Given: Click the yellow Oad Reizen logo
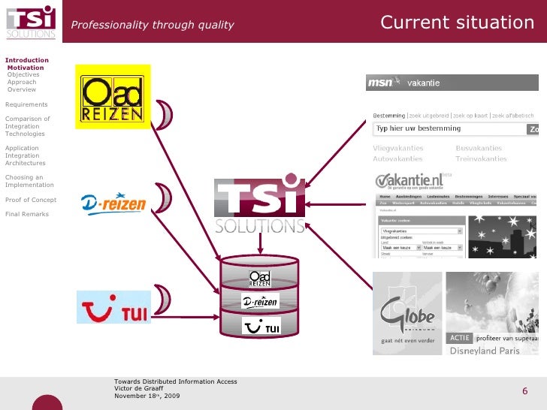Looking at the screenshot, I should tap(113, 98).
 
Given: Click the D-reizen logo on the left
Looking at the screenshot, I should tap(113, 203).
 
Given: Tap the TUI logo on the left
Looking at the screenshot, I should tap(114, 308).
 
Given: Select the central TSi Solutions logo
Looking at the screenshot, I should tap(260, 206).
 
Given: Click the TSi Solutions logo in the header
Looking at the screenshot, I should tap(31, 21).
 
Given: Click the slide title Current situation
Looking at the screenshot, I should tap(457, 23).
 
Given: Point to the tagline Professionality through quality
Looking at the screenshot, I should tap(153, 26).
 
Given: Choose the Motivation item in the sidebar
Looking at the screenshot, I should tap(26, 68).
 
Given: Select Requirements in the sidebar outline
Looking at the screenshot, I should tap(26, 104).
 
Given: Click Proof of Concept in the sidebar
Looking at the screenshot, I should tap(31, 200).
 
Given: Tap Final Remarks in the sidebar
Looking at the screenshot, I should tap(27, 214).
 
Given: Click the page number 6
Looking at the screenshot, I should tap(524, 391).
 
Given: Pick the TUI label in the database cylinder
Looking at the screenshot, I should tap(261, 327).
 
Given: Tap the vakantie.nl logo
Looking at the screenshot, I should tap(410, 181).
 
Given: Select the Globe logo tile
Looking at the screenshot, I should tap(406, 312).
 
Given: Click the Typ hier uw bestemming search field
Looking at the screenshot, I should tap(449, 129).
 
